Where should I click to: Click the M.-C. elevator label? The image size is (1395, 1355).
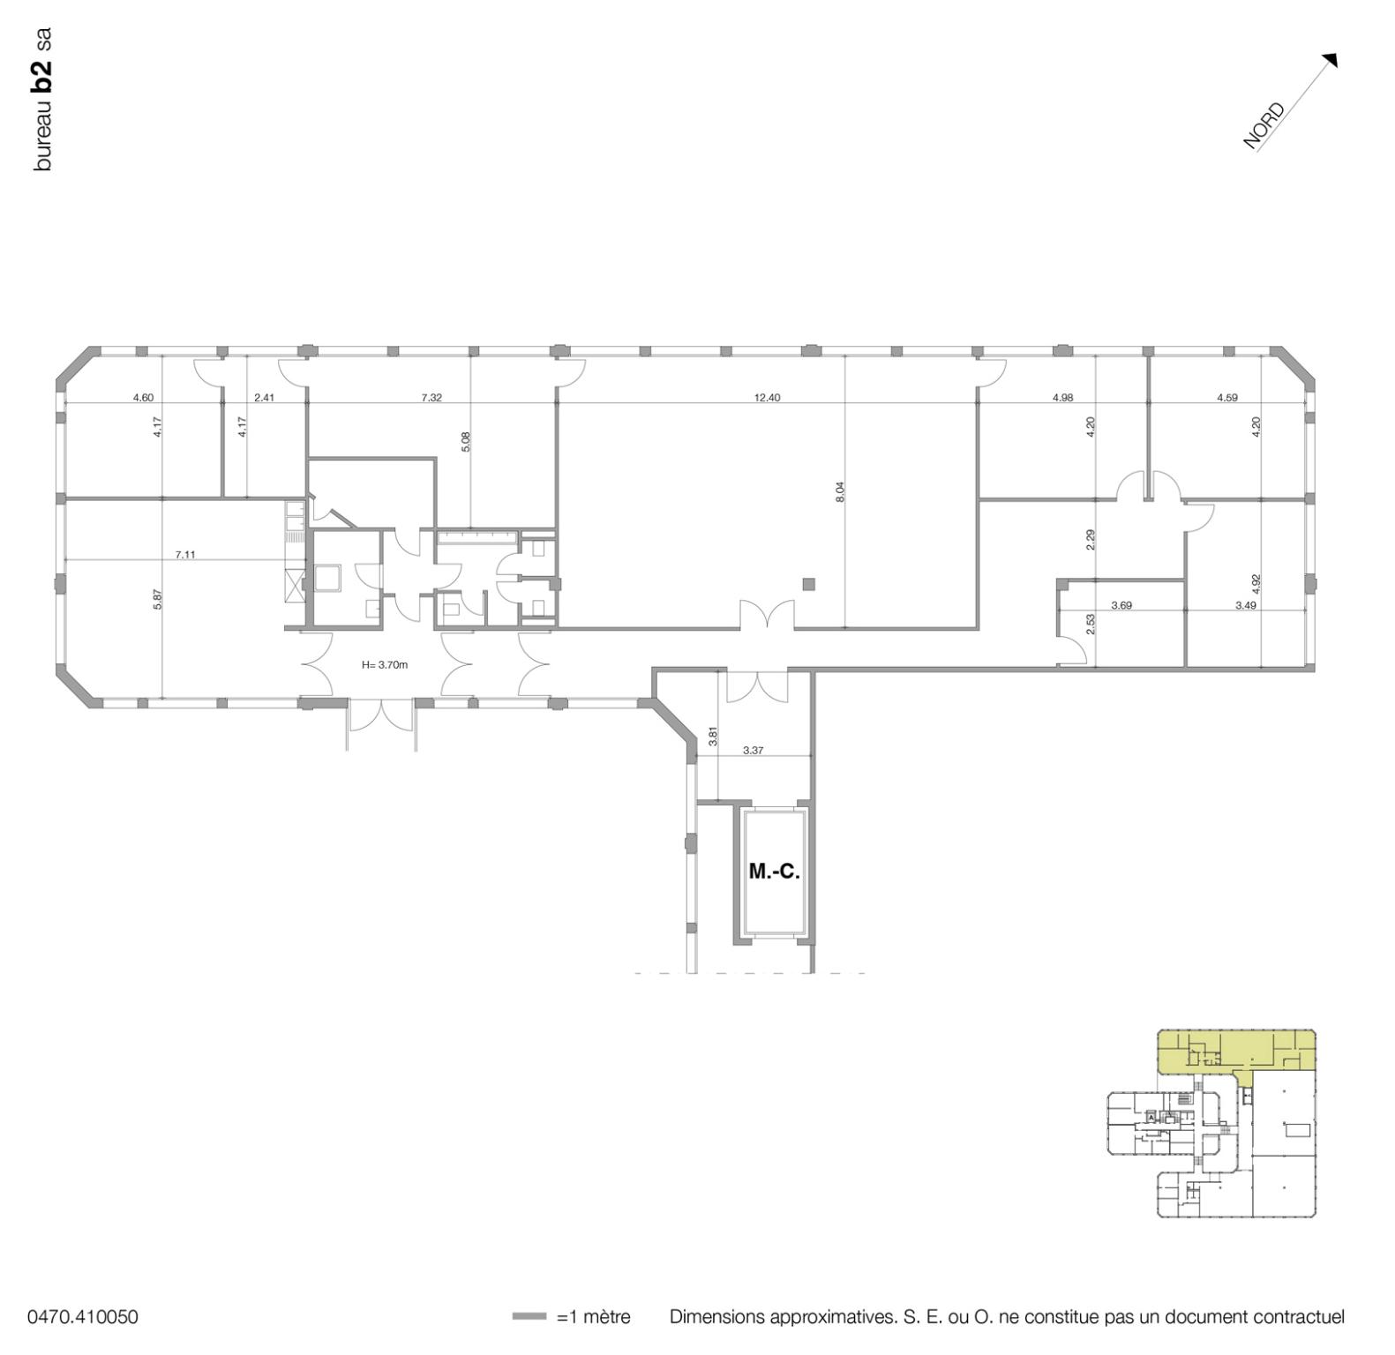click(774, 872)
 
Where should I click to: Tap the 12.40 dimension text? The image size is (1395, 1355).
click(767, 398)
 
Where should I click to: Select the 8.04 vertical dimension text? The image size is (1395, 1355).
click(840, 492)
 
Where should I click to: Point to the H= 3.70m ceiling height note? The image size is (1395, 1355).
click(385, 665)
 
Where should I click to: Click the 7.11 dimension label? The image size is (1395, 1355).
click(185, 555)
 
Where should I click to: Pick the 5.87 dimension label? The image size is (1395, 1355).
click(158, 600)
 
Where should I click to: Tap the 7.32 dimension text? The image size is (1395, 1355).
click(431, 398)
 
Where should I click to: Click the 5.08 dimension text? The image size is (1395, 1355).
click(466, 441)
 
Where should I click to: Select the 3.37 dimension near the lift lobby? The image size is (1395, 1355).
click(753, 751)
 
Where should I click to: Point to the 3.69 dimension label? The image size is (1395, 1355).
click(1121, 605)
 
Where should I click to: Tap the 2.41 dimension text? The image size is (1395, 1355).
click(264, 398)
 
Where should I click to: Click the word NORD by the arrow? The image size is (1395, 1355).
click(1264, 127)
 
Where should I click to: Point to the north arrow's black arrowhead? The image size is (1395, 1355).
click(1331, 59)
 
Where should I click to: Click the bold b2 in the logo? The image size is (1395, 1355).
click(41, 76)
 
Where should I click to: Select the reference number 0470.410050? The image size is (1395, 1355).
click(83, 1317)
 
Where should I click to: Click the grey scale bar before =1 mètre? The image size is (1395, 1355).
click(529, 1317)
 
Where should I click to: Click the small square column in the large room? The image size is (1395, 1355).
click(808, 583)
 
